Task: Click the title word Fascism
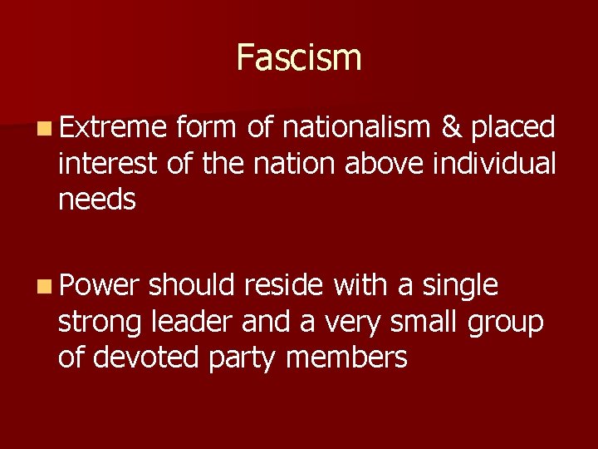(x=299, y=58)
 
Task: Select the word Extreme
(x=114, y=127)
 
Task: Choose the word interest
(x=107, y=163)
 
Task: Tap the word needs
(x=97, y=200)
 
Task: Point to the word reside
(x=284, y=285)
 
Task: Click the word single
(x=460, y=287)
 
